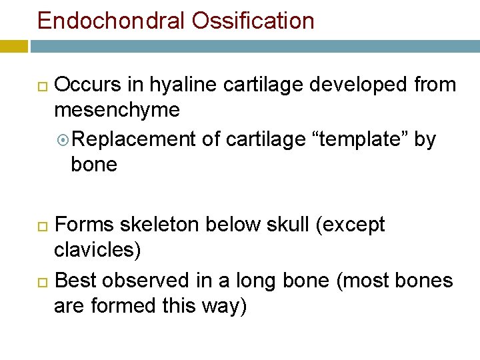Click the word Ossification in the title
[253, 21]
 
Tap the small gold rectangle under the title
[13, 47]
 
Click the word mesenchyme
[117, 110]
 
